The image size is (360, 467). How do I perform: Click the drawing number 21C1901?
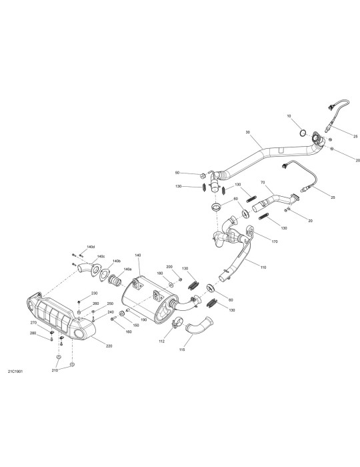coord(15,372)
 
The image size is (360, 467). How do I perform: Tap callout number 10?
coord(289,116)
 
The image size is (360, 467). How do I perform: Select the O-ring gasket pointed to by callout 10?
coord(303,133)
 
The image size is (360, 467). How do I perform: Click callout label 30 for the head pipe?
coord(248,131)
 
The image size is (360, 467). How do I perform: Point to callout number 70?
coord(263,182)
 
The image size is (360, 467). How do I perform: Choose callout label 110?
coord(263,268)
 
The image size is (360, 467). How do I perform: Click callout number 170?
coord(274,242)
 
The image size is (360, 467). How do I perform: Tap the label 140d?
coord(91,247)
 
